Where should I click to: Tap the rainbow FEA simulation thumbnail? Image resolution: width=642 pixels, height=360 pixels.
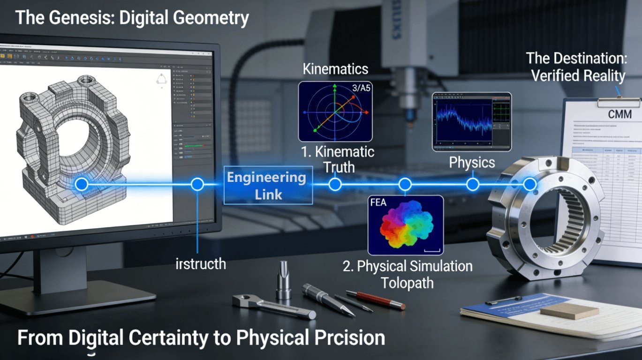point(405,225)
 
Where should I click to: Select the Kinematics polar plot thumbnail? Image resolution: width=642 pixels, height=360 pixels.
point(336,112)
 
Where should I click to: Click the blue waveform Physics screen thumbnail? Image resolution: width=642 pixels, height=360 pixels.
point(471,121)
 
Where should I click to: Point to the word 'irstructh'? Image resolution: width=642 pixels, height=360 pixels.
point(200,263)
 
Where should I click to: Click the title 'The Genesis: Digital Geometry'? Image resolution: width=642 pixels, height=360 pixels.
point(132,18)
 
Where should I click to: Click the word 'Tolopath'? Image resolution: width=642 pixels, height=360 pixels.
point(407,283)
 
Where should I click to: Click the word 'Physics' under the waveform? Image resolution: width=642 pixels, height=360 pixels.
point(472,162)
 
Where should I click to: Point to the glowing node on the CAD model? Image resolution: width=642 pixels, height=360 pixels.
point(81,184)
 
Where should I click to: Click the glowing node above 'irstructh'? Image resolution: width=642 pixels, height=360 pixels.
point(197,184)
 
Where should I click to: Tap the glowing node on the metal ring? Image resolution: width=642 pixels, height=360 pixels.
point(529,184)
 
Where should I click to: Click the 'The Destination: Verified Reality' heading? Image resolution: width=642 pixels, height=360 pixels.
point(575,67)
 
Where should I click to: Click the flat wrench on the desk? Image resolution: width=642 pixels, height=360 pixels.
point(272,307)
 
